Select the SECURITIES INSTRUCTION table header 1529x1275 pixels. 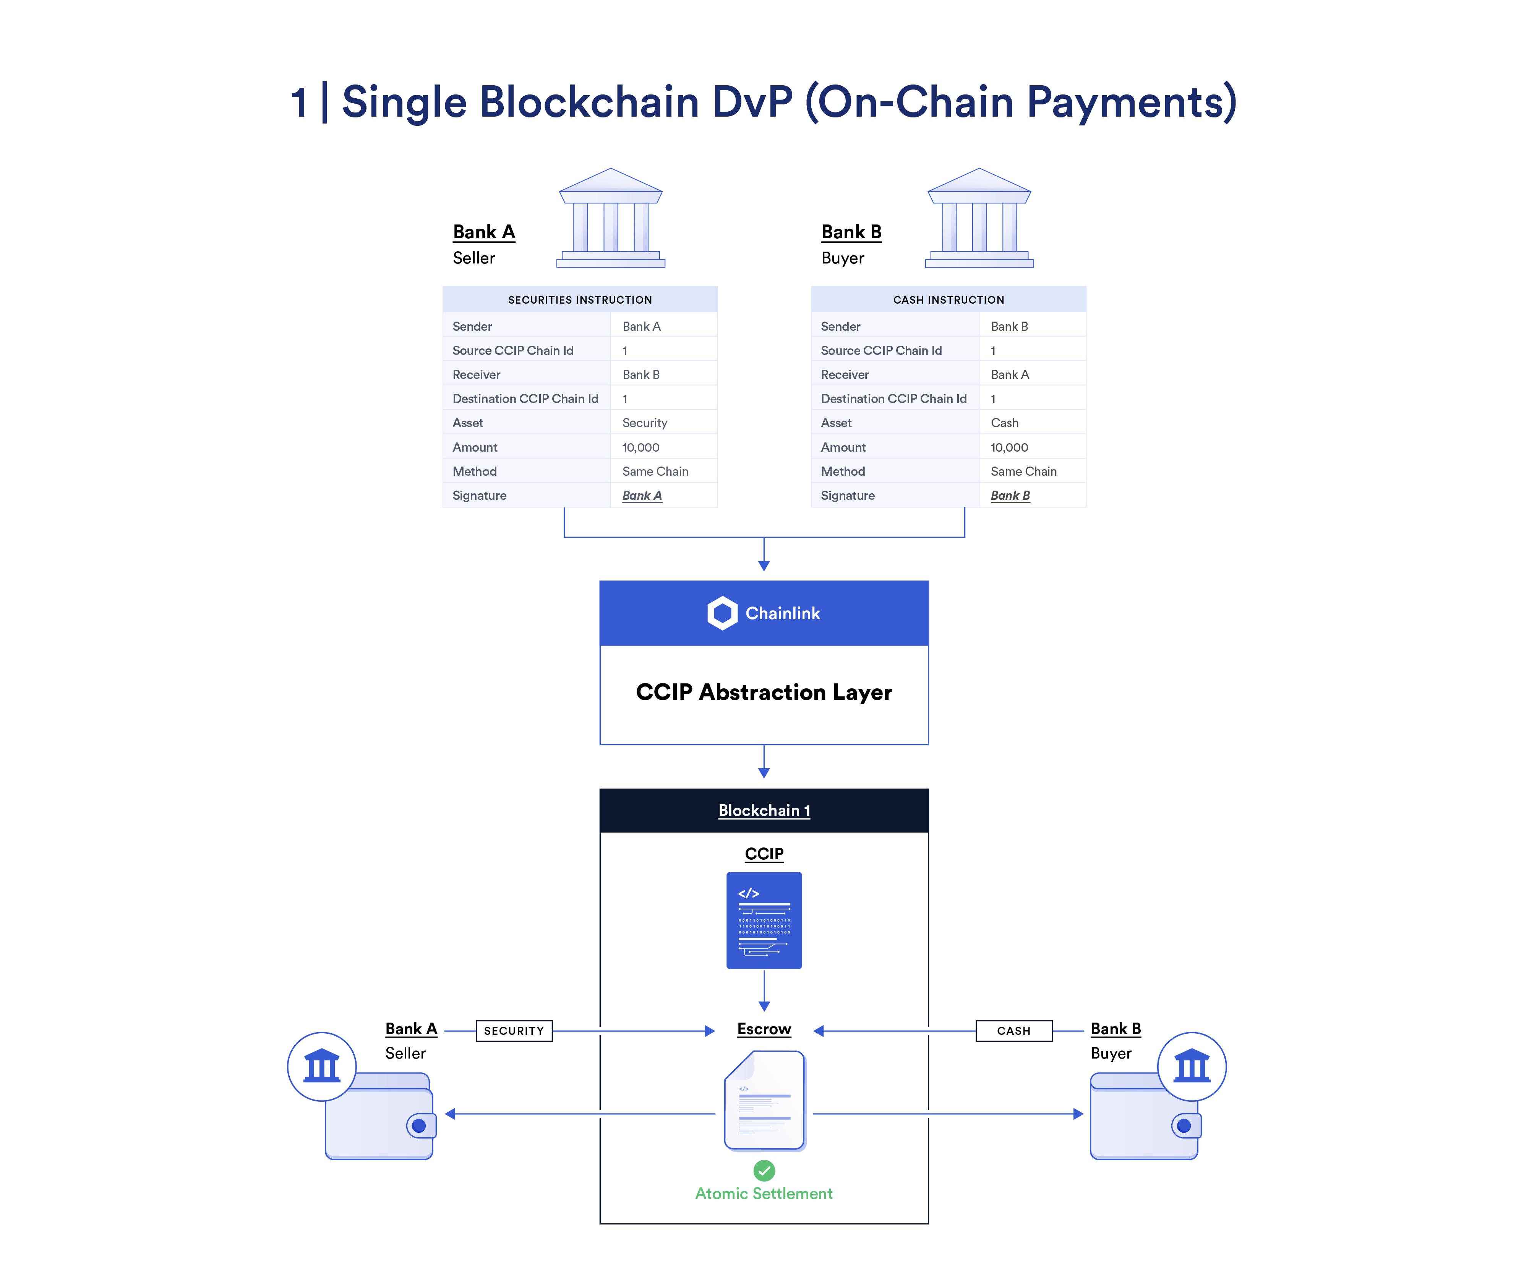tap(580, 299)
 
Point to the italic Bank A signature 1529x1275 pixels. tap(642, 495)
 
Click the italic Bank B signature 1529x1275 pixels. tap(1010, 495)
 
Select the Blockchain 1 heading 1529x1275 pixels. tap(764, 810)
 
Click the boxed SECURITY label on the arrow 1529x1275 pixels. tap(514, 1030)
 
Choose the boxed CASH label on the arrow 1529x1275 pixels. tap(1013, 1030)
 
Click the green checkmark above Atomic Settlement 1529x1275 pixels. tap(764, 1170)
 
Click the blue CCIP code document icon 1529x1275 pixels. tap(764, 920)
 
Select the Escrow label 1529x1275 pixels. tap(764, 1029)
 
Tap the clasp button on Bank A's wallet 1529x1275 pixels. tap(419, 1125)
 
